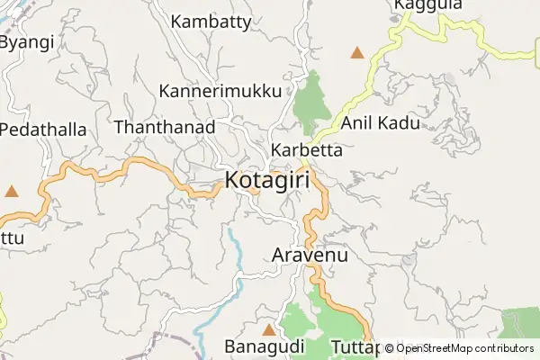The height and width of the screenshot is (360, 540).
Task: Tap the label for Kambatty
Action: click(211, 22)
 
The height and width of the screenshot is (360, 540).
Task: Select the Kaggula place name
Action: click(427, 5)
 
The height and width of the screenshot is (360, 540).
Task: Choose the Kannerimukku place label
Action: click(220, 91)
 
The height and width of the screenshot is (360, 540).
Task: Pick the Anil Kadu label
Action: click(381, 123)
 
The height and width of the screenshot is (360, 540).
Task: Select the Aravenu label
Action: click(309, 256)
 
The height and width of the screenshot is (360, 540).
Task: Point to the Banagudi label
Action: click(264, 346)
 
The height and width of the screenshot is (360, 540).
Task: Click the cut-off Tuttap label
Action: click(355, 346)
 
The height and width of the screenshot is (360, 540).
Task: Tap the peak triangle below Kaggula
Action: click(358, 53)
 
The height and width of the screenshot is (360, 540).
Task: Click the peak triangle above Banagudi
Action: click(267, 329)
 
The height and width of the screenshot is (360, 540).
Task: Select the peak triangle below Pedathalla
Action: click(12, 191)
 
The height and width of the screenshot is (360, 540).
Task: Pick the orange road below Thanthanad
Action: click(135, 162)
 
